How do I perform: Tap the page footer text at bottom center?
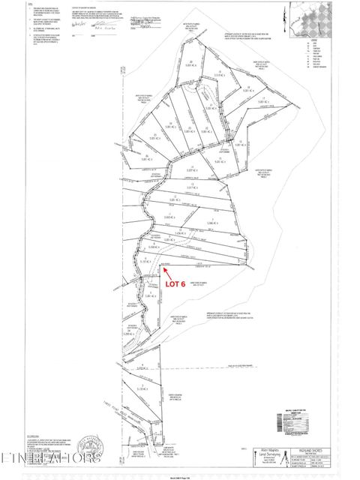pos(180,476)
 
